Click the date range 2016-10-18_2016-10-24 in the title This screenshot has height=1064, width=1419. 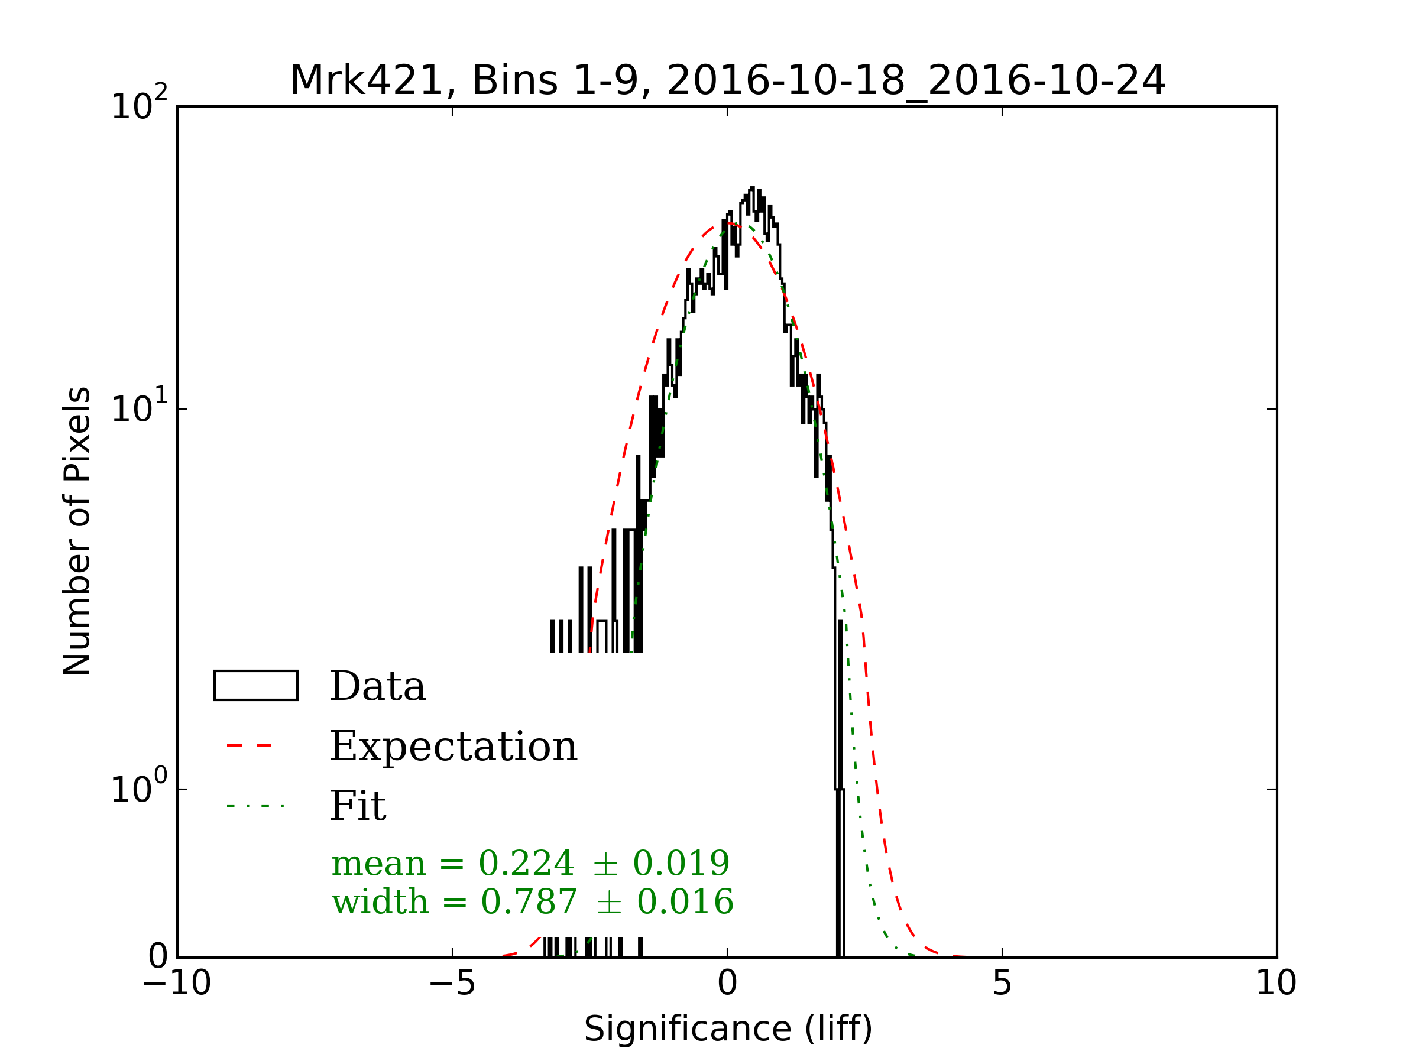click(915, 82)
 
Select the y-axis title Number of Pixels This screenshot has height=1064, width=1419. click(77, 531)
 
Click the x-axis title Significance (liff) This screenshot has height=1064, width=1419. click(727, 1029)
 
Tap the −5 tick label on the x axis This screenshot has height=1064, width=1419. click(452, 982)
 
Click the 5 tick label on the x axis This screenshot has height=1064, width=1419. click(1002, 982)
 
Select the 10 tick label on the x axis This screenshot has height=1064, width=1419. click(1275, 982)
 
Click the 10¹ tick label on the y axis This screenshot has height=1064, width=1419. click(138, 407)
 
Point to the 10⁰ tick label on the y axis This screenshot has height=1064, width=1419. click(138, 787)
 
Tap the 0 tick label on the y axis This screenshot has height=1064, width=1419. click(158, 957)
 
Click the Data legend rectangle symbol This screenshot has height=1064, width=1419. click(255, 686)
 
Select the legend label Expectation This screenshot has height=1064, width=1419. click(453, 747)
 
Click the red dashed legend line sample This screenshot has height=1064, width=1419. click(250, 746)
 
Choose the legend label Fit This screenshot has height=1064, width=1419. click(357, 806)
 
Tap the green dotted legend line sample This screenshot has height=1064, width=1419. click(255, 806)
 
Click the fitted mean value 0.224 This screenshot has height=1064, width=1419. click(526, 863)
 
